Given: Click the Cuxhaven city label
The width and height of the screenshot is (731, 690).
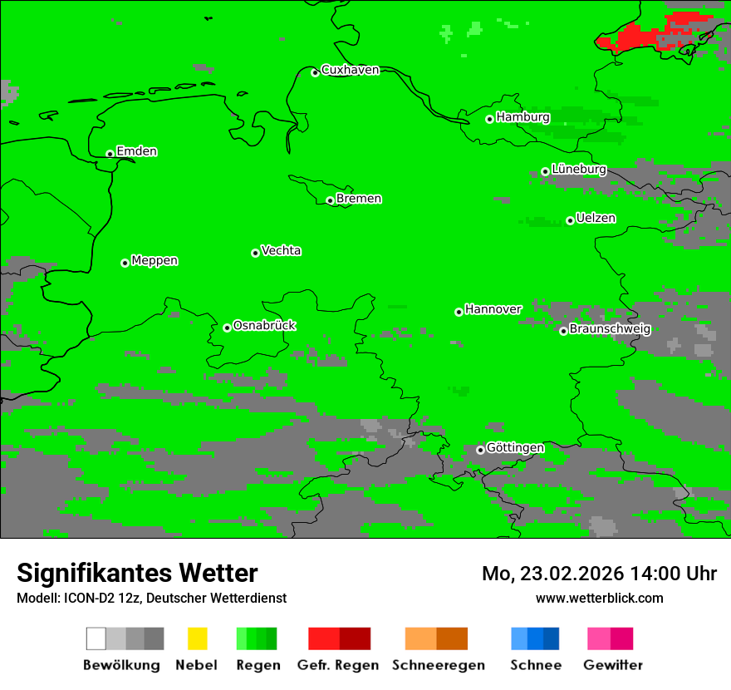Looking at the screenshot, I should pyautogui.click(x=350, y=70).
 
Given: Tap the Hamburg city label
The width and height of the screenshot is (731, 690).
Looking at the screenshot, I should pyautogui.click(x=522, y=117).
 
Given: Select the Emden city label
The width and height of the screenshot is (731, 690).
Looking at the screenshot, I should pyautogui.click(x=136, y=151).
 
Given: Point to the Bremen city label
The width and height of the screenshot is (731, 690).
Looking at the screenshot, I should pyautogui.click(x=359, y=199).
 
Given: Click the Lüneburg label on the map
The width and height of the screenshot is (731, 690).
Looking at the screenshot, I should pyautogui.click(x=578, y=170).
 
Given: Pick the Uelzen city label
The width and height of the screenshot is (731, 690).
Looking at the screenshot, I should pyautogui.click(x=596, y=219).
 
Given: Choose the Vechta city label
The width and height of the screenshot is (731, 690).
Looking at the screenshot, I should pyautogui.click(x=281, y=251).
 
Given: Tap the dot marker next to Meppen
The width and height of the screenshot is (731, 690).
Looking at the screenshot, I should pyautogui.click(x=125, y=263).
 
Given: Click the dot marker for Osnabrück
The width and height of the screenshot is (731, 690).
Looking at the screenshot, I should pyautogui.click(x=227, y=328).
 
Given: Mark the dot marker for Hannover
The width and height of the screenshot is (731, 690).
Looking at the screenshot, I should pyautogui.click(x=459, y=312).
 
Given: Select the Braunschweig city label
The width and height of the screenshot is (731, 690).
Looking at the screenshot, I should pyautogui.click(x=610, y=329).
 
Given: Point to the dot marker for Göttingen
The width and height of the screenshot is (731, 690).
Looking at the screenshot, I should pyautogui.click(x=480, y=450).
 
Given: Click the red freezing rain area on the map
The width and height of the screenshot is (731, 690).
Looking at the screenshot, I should pyautogui.click(x=636, y=35).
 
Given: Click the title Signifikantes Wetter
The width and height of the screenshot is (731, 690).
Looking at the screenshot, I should pyautogui.click(x=137, y=573).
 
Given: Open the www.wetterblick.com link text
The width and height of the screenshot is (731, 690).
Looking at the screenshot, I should pyautogui.click(x=600, y=598).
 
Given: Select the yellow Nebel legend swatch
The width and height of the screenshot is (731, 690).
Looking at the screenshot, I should pyautogui.click(x=197, y=638).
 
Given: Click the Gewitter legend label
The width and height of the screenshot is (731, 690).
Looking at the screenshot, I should pyautogui.click(x=612, y=665).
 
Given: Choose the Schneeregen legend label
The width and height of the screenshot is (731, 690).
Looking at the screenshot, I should pyautogui.click(x=438, y=665).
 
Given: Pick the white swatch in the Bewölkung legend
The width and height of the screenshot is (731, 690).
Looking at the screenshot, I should pyautogui.click(x=96, y=638).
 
